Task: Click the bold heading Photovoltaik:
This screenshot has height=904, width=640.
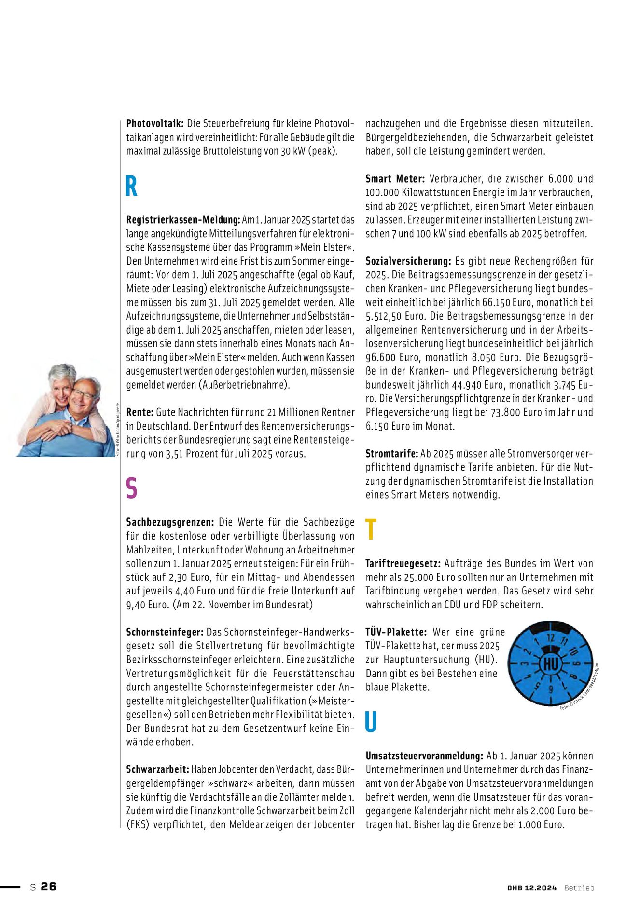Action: point(155,123)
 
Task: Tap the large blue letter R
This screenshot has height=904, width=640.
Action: point(131,187)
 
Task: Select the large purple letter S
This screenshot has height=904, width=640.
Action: point(131,488)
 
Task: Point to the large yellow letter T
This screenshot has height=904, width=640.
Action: point(371,530)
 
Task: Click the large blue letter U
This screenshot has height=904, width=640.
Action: point(371,722)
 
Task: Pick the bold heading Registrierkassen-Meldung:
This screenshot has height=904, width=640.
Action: point(183,220)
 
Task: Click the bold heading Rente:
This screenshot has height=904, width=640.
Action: point(140,412)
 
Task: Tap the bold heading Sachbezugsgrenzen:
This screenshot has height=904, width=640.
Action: point(170,522)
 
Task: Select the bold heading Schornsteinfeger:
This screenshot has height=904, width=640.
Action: point(166,632)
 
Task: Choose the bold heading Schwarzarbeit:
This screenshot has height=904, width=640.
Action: point(158,769)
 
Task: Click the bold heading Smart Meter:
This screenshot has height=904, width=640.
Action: point(395,179)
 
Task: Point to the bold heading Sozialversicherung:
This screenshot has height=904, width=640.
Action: point(408,261)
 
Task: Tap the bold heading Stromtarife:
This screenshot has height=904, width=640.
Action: point(392,454)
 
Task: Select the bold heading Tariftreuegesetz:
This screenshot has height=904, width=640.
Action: point(403,564)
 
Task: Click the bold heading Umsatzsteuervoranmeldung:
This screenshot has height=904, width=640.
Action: point(424,756)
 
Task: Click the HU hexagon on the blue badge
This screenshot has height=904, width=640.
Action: point(550,664)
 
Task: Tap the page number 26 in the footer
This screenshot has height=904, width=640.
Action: point(48,886)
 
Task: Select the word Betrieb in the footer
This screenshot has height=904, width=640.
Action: point(579,888)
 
